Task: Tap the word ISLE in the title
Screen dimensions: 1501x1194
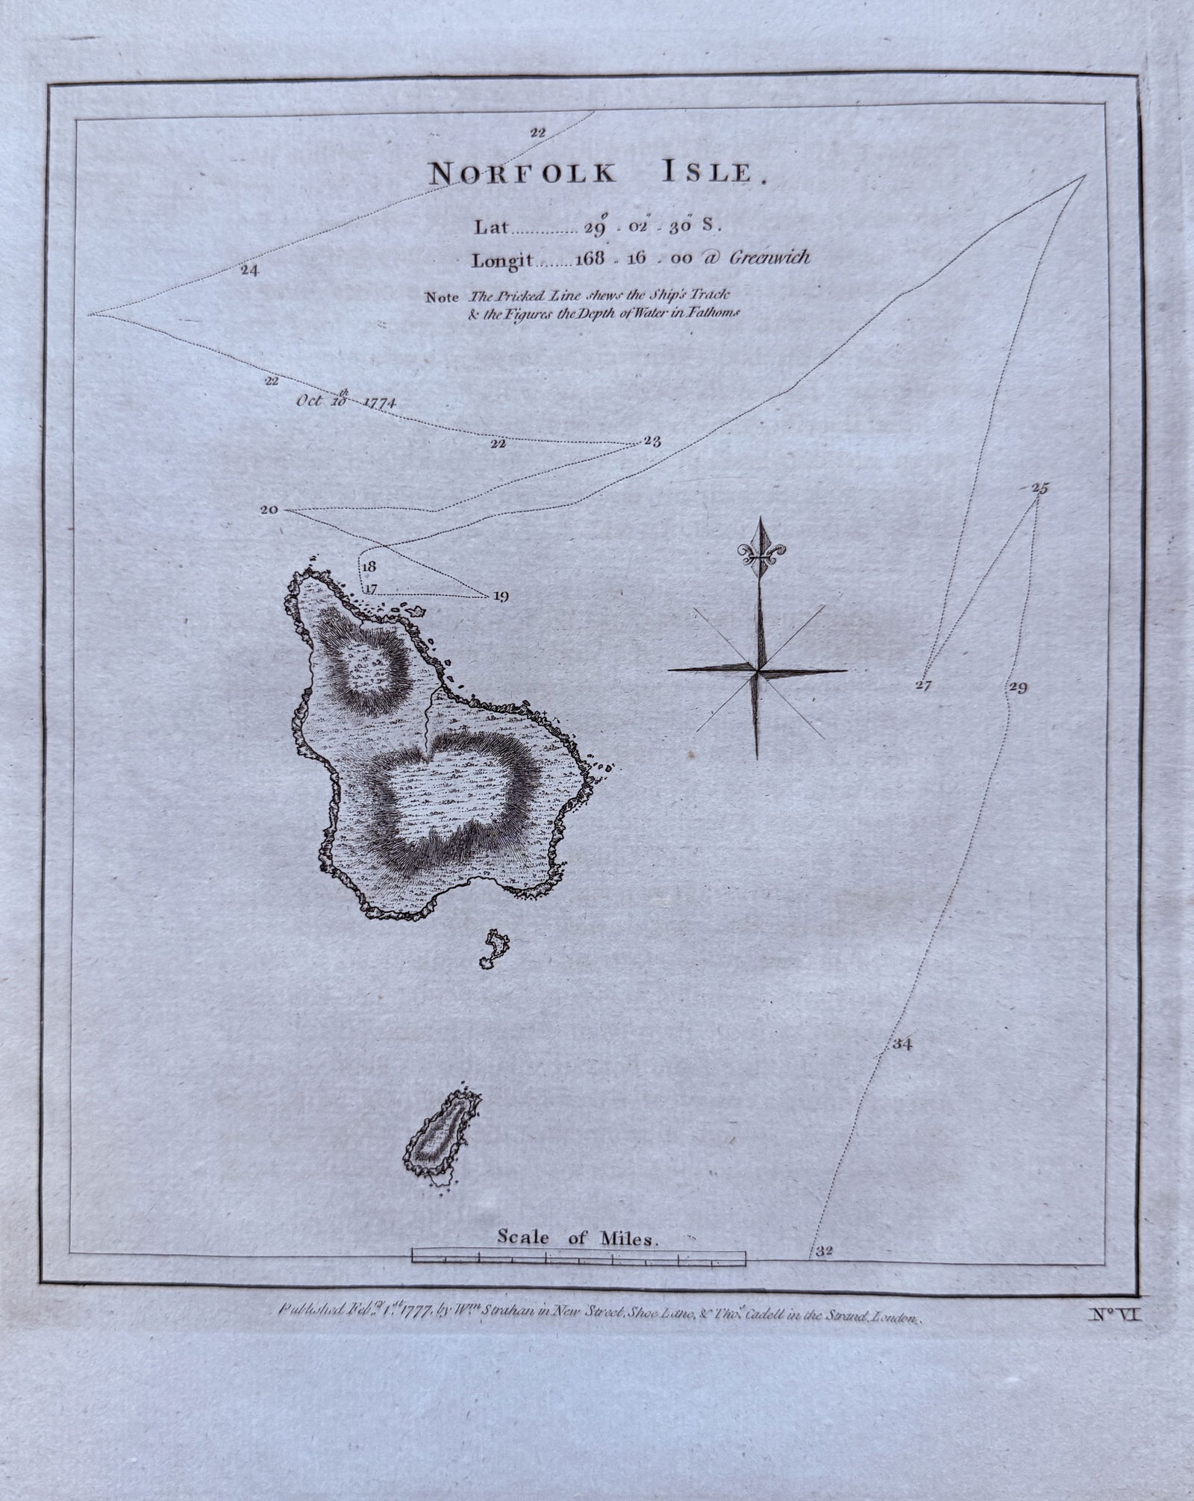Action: point(708,173)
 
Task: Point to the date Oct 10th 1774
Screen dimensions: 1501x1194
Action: point(346,400)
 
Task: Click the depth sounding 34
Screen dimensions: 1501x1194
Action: point(901,1045)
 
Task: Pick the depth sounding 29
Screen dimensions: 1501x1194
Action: point(1018,687)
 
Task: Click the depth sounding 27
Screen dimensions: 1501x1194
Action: point(924,684)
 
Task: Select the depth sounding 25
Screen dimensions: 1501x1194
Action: point(1040,489)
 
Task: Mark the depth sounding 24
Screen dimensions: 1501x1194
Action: point(250,270)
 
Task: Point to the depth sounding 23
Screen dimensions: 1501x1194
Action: point(651,441)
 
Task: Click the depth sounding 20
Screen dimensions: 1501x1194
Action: point(269,511)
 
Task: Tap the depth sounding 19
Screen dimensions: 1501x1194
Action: point(500,596)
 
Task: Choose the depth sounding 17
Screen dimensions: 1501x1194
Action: point(371,588)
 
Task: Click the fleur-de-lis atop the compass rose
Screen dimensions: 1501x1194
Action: point(760,552)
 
